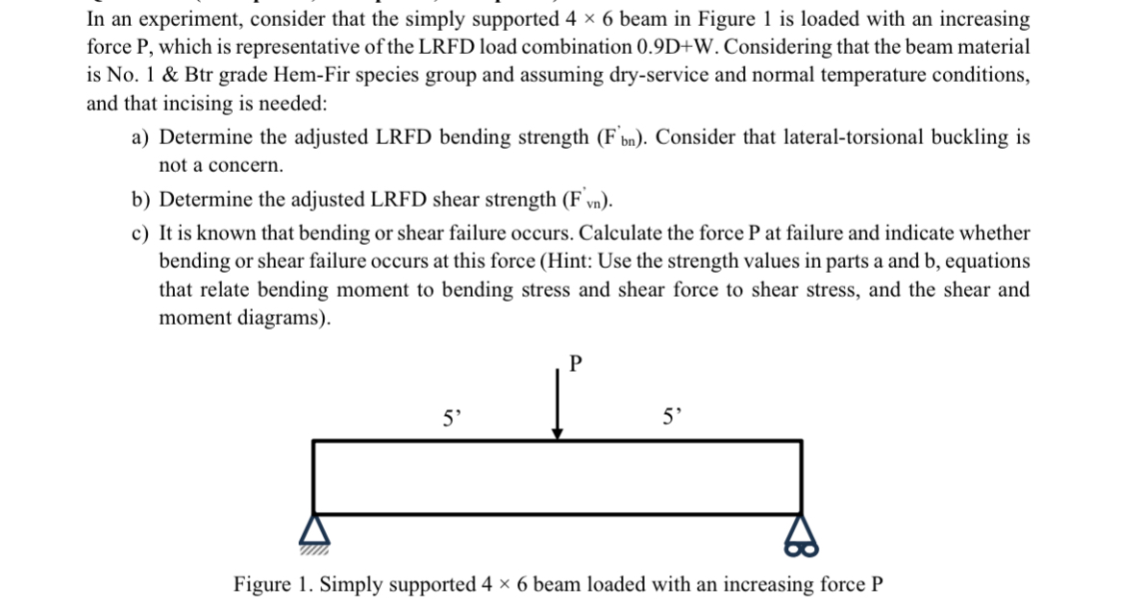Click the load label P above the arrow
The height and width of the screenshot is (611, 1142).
[576, 363]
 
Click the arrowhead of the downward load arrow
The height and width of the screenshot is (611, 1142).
[558, 434]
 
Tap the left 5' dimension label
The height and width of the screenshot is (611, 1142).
[453, 418]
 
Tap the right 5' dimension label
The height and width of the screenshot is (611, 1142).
[672, 417]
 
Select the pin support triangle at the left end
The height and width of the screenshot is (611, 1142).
[314, 531]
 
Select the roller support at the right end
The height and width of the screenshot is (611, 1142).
[801, 536]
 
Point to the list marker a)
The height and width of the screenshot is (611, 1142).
[139, 137]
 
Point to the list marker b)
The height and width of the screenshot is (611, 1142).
[139, 200]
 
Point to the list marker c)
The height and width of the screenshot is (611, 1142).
[139, 233]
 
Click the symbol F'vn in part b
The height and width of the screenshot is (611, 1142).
[587, 200]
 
